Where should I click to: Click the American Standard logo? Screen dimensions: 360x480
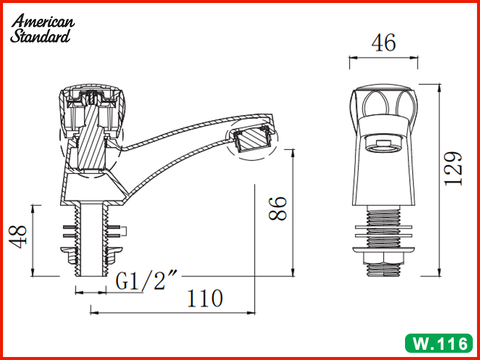43,29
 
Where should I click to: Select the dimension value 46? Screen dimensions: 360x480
383,43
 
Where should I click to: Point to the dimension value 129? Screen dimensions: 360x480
454,168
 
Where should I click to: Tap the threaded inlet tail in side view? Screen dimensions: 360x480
90,240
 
